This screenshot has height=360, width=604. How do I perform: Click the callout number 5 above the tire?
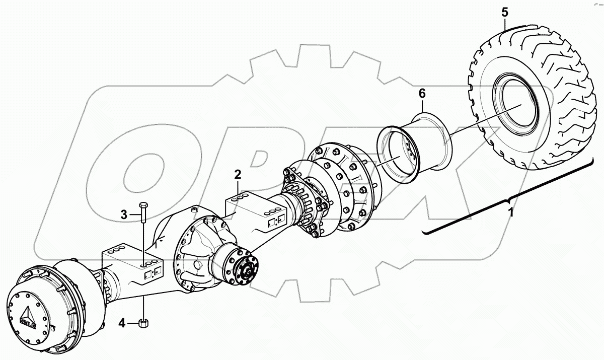pos(505,11)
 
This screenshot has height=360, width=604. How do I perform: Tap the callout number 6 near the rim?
pos(422,93)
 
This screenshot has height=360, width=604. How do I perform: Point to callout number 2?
pos(238,175)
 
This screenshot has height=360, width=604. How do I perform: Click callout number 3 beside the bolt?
pos(123,215)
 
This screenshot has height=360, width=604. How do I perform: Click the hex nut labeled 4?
pos(142,322)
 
